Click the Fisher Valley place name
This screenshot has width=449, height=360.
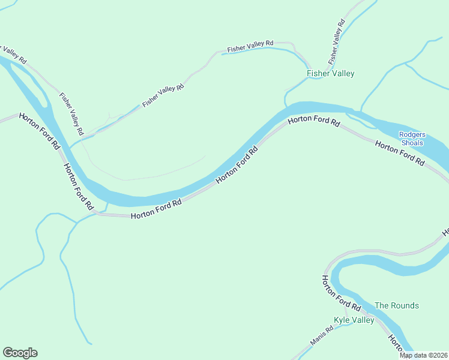click(x=330, y=74)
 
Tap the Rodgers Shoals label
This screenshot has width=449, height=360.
click(x=412, y=139)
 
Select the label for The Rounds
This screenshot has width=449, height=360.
click(x=396, y=305)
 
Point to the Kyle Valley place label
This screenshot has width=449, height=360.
click(x=354, y=320)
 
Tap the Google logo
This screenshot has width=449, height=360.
click(x=20, y=353)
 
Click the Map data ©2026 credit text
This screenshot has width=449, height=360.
click(x=423, y=355)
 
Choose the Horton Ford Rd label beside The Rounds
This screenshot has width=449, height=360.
click(x=341, y=293)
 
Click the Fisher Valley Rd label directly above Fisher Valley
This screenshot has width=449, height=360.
click(x=337, y=43)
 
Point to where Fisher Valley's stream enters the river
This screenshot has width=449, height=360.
click(x=286, y=106)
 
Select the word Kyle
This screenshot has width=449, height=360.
click(x=342, y=320)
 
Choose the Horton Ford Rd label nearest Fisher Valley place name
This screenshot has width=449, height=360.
click(x=313, y=122)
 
